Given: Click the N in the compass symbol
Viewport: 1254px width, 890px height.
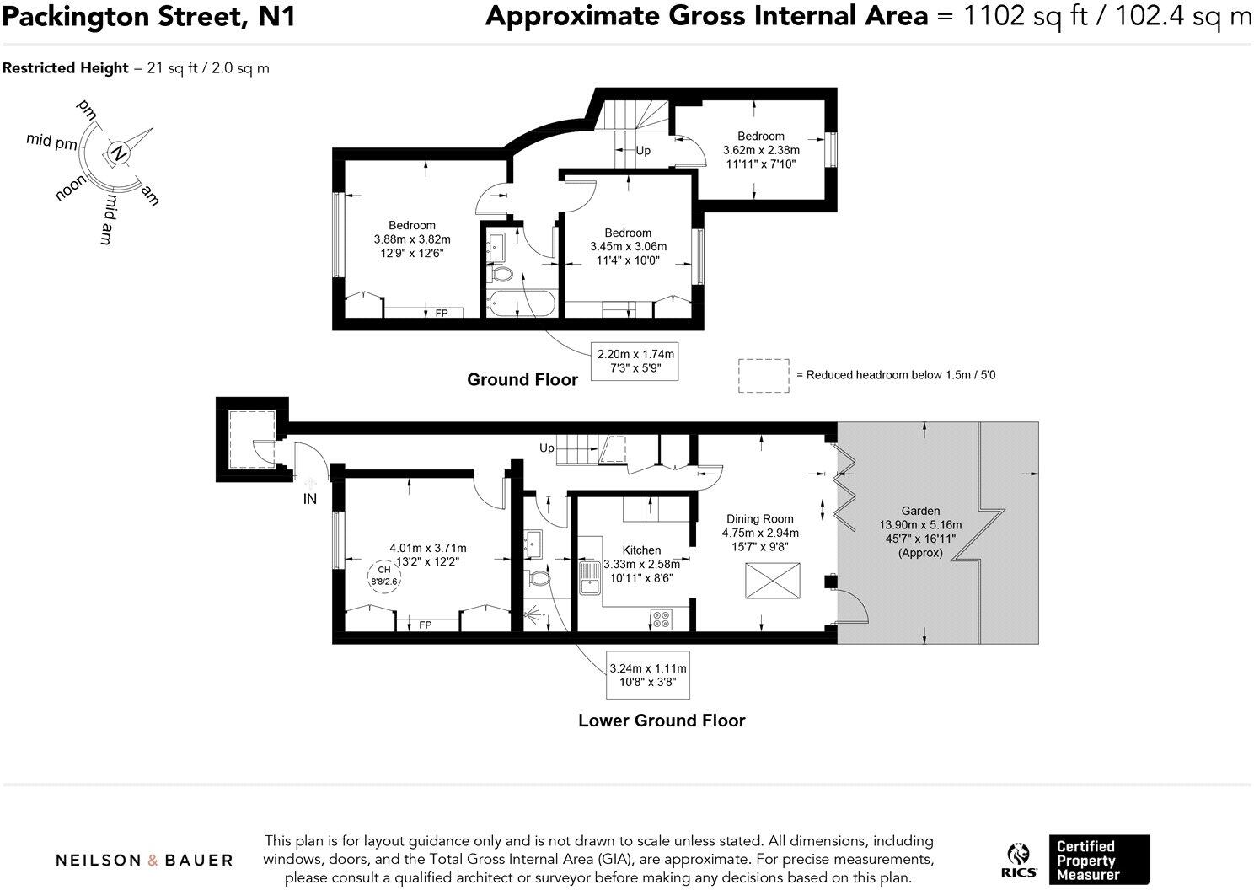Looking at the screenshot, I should (x=120, y=153).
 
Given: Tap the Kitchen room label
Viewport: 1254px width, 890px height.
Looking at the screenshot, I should (x=641, y=550).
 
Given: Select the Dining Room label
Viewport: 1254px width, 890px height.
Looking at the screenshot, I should (x=759, y=519).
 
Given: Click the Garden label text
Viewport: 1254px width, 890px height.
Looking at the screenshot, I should (x=920, y=511).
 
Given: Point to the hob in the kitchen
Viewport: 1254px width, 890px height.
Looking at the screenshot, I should (x=662, y=619).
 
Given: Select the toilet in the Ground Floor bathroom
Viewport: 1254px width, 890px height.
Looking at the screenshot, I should (x=502, y=274).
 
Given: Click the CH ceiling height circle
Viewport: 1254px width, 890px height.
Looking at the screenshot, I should (x=383, y=576).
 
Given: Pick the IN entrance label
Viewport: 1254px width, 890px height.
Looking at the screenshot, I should (x=310, y=499).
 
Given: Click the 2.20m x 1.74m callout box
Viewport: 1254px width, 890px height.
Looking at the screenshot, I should (x=635, y=362).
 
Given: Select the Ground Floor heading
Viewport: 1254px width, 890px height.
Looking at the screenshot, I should (x=522, y=380).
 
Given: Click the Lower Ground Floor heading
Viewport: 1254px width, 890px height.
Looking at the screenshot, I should (x=662, y=721).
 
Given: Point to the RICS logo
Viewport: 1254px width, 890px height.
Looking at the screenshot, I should (x=1019, y=860).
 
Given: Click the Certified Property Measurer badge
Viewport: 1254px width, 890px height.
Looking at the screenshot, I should (x=1098, y=860).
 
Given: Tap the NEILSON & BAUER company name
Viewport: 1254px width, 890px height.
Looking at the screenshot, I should (x=144, y=860).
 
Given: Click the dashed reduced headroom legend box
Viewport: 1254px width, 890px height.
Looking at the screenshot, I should (x=764, y=375).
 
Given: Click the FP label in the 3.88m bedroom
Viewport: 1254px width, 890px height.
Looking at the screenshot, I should (x=442, y=314).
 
